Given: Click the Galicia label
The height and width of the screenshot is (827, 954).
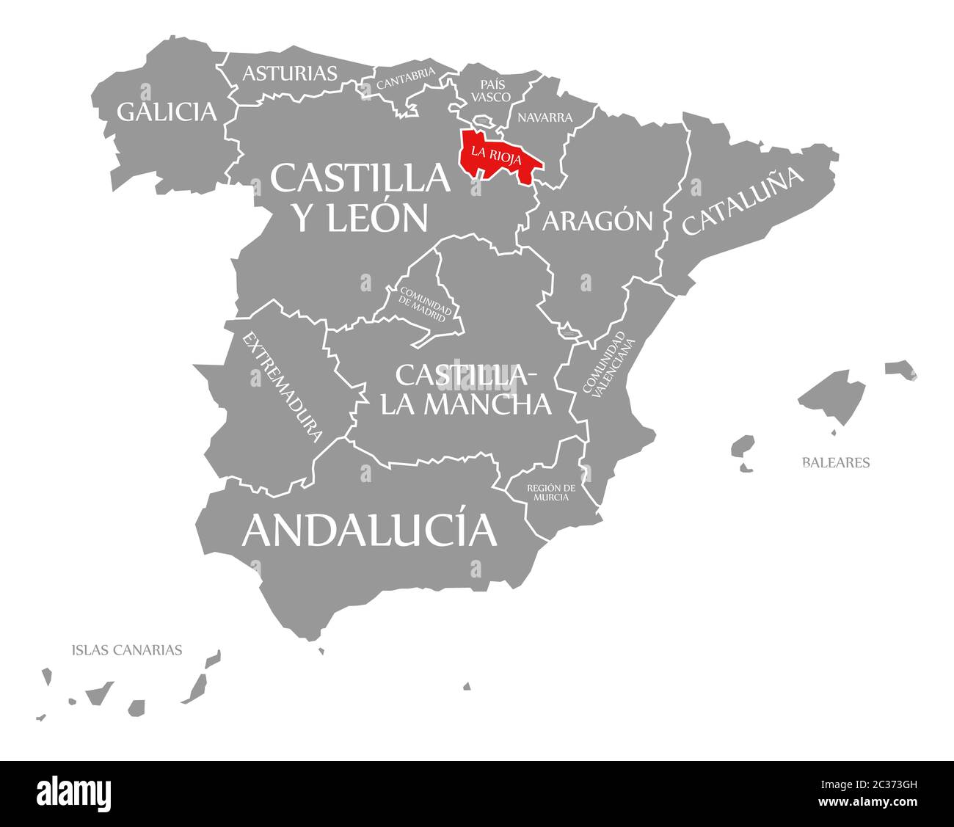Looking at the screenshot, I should pyautogui.click(x=167, y=112).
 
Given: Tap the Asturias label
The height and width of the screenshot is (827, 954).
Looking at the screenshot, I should pyautogui.click(x=290, y=73).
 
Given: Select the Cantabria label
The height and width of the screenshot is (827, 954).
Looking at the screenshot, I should pyautogui.click(x=405, y=79).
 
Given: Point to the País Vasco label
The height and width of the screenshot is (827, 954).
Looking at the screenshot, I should pyautogui.click(x=491, y=90).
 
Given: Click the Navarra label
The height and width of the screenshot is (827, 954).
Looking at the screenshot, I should pyautogui.click(x=545, y=117).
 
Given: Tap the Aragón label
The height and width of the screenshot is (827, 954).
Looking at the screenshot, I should pyautogui.click(x=597, y=220).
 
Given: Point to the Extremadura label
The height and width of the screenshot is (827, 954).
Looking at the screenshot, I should pyautogui.click(x=283, y=387).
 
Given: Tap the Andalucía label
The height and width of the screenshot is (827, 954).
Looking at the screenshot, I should pyautogui.click(x=369, y=530).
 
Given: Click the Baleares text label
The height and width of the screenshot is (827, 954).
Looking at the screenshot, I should pyautogui.click(x=835, y=463).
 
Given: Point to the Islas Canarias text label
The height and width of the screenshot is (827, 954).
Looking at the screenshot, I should pyautogui.click(x=127, y=649).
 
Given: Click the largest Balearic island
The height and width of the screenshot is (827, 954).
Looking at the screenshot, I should pyautogui.click(x=833, y=396).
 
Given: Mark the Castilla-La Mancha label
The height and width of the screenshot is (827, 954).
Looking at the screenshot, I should pyautogui.click(x=465, y=389).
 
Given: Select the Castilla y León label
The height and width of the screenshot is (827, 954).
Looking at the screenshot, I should pyautogui.click(x=360, y=197).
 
